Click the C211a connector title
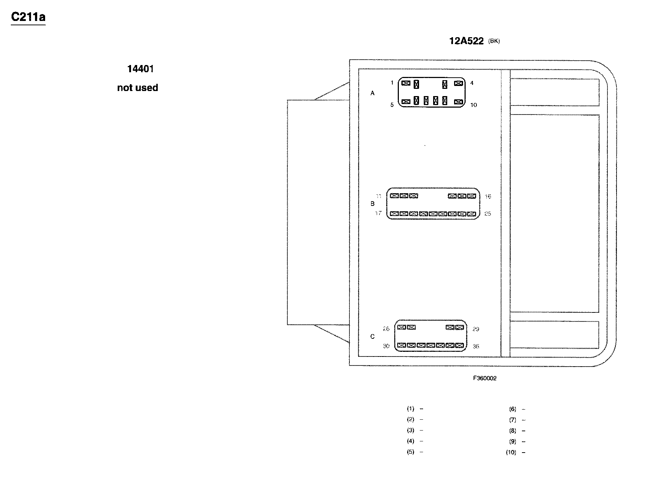pyautogui.click(x=28, y=17)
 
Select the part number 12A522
pyautogui.click(x=466, y=41)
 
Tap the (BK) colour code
pyautogui.click(x=494, y=41)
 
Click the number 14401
pyautogui.click(x=140, y=69)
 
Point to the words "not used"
pyautogui.click(x=138, y=88)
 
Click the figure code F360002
pyautogui.click(x=485, y=378)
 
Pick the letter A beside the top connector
pyautogui.click(x=373, y=93)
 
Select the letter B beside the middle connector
pyautogui.click(x=373, y=204)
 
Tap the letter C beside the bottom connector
pyautogui.click(x=373, y=337)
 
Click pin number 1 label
pyautogui.click(x=392, y=83)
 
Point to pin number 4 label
pyautogui.click(x=472, y=83)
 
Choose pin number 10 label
pyautogui.click(x=474, y=105)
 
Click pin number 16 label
pyautogui.click(x=488, y=196)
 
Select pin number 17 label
pyautogui.click(x=378, y=213)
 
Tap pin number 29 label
pyautogui.click(x=476, y=329)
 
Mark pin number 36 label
pyautogui.click(x=476, y=346)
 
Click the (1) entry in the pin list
pyautogui.click(x=411, y=409)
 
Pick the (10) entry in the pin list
pyautogui.click(x=511, y=452)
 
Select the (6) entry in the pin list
pyautogui.click(x=513, y=409)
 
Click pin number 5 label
pyautogui.click(x=392, y=105)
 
